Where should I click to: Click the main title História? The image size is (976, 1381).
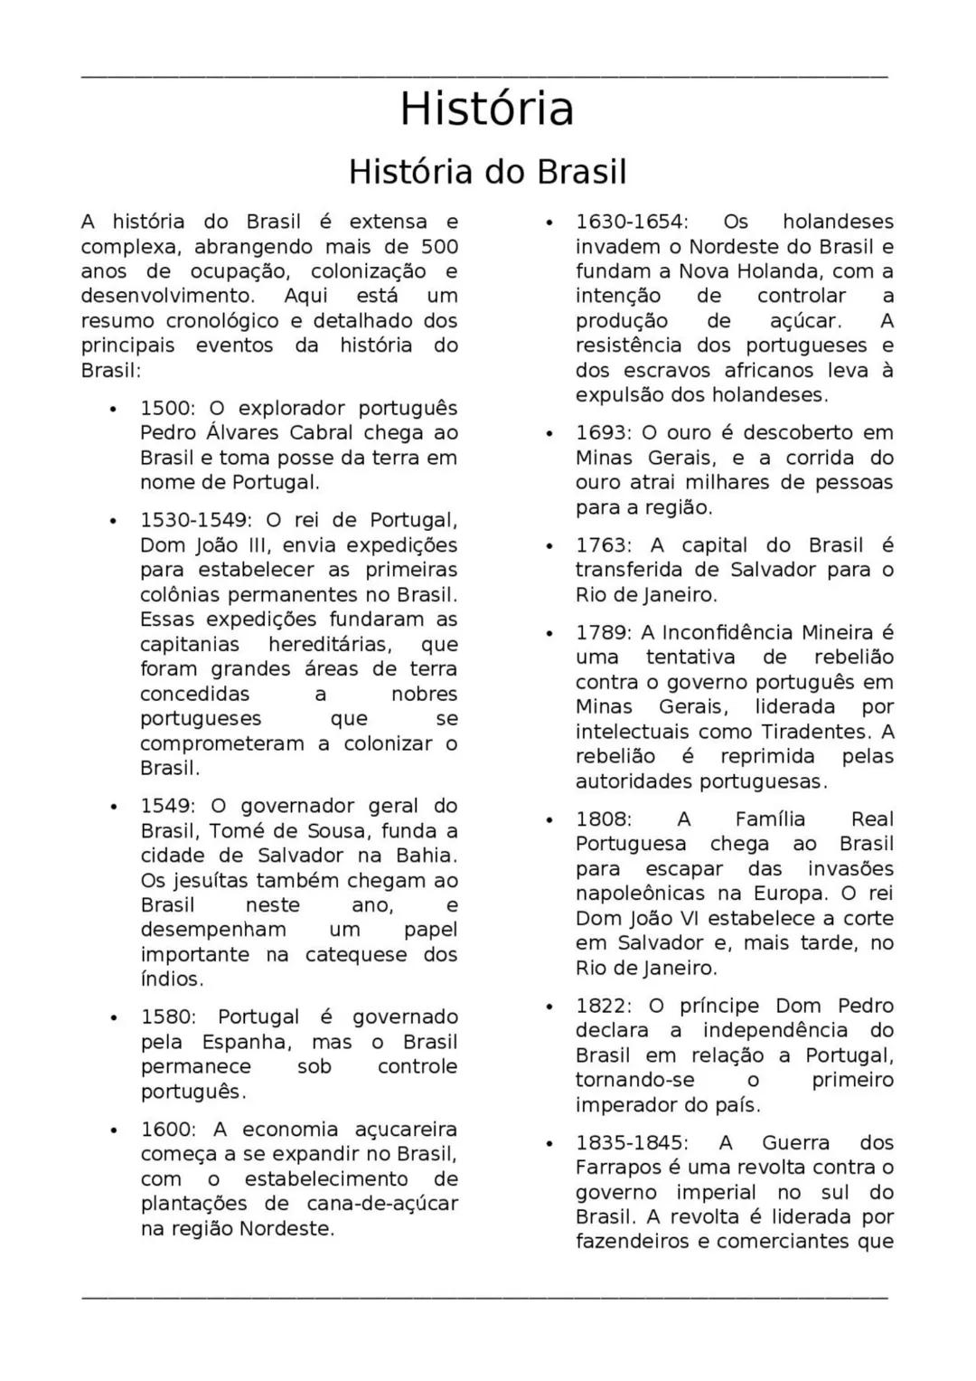(487, 109)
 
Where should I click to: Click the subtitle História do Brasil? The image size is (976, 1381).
(487, 172)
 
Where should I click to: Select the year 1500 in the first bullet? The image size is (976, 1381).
(165, 409)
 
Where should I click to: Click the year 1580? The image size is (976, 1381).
(165, 1017)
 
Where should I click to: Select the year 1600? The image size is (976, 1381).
(165, 1130)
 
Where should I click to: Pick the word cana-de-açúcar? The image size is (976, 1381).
(382, 1204)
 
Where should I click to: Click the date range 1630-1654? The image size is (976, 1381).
(631, 222)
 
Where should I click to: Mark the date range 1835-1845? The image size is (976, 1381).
(631, 1143)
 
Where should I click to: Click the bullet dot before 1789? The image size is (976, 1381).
(549, 633)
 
